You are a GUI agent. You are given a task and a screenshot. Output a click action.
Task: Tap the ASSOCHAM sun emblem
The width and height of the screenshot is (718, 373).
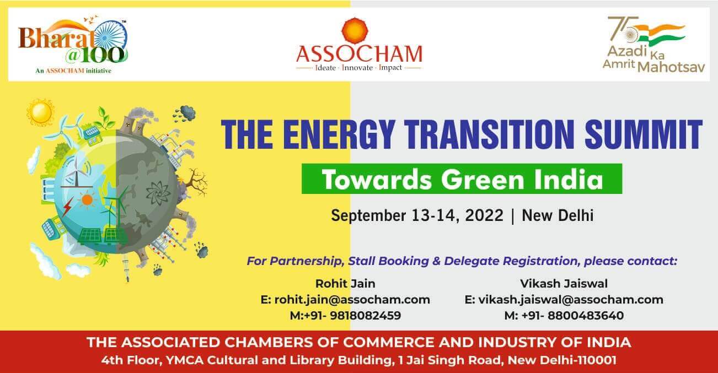click(355, 29)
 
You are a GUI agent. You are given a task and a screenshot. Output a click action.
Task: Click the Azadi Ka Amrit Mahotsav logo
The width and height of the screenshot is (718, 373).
click(653, 45)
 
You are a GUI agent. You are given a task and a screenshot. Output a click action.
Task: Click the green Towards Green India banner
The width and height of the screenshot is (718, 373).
click(462, 179)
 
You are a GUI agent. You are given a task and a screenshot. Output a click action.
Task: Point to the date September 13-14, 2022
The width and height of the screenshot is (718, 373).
click(417, 215)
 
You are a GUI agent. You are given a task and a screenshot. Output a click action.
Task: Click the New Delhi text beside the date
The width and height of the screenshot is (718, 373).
click(558, 215)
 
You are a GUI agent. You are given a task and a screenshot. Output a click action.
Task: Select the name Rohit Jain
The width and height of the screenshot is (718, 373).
click(345, 283)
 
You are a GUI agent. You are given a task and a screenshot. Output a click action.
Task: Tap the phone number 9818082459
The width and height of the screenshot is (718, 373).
click(366, 315)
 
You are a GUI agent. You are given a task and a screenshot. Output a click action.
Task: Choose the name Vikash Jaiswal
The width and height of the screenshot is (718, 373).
click(564, 283)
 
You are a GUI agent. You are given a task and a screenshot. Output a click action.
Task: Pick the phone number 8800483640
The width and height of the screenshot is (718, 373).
click(585, 315)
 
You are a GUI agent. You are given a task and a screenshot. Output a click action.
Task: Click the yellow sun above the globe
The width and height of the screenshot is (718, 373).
click(40, 112)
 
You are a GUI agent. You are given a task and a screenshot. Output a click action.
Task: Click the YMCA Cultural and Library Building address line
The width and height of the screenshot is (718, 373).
click(358, 360)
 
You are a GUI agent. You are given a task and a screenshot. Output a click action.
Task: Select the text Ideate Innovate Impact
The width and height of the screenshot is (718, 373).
click(358, 68)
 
